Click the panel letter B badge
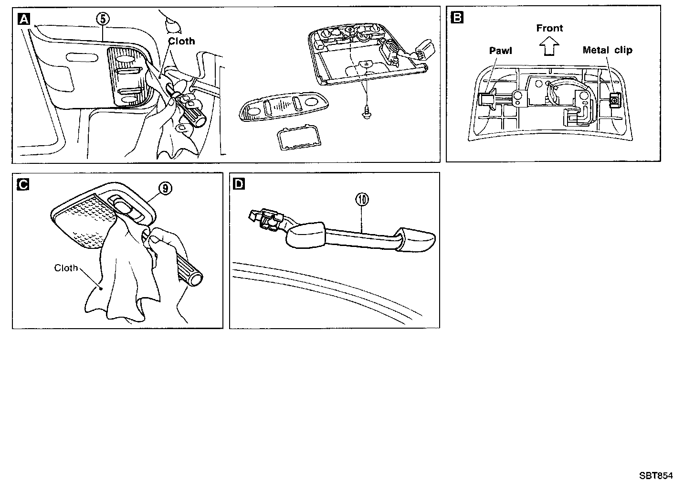[x=457, y=18]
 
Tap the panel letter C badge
[x=22, y=184]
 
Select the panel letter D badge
[x=239, y=184]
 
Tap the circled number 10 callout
[x=362, y=200]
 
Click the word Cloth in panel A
[x=181, y=41]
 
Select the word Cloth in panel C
[x=66, y=268]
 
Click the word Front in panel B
[x=549, y=28]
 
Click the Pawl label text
[x=501, y=50]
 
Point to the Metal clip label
[x=607, y=50]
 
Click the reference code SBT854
[x=656, y=476]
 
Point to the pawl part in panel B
[x=486, y=99]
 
